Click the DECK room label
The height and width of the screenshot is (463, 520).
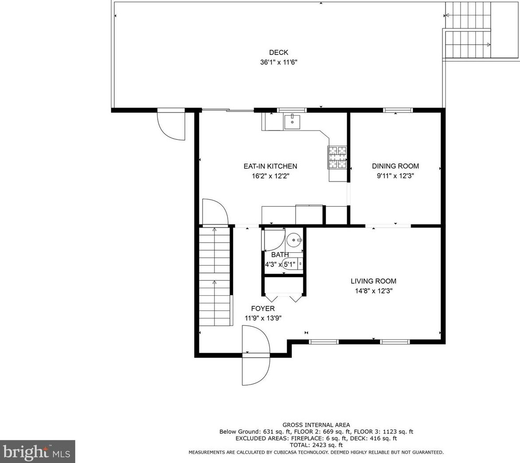(279, 52)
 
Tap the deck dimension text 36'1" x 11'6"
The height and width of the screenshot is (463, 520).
(279, 62)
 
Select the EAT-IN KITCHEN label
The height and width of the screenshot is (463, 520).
(270, 166)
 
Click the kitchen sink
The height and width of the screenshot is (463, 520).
(292, 122)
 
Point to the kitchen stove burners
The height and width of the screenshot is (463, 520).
(337, 158)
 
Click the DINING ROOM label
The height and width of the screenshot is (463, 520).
(395, 166)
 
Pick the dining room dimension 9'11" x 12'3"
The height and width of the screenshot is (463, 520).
(395, 176)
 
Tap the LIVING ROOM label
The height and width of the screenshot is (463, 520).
(373, 281)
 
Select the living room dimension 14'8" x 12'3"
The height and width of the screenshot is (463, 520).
(373, 291)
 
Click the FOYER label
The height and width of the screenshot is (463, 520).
(263, 309)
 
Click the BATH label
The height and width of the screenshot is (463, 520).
(280, 255)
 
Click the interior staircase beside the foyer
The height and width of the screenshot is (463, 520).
(214, 276)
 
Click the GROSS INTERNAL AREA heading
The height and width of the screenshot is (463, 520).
(316, 425)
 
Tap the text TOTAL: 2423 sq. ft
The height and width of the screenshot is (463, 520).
(316, 445)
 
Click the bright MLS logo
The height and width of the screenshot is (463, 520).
(38, 451)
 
